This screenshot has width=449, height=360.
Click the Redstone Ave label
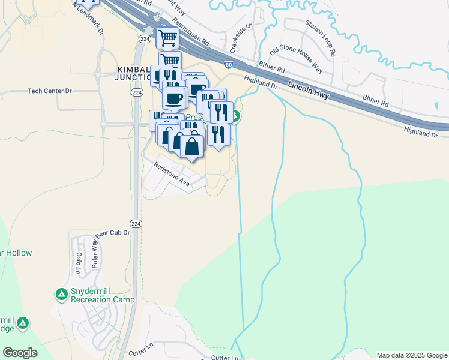tap(172, 175)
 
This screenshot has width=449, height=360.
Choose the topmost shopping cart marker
tap(167, 38)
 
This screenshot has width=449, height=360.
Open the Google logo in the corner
tap(20, 353)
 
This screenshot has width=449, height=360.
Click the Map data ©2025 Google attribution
tap(412, 355)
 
